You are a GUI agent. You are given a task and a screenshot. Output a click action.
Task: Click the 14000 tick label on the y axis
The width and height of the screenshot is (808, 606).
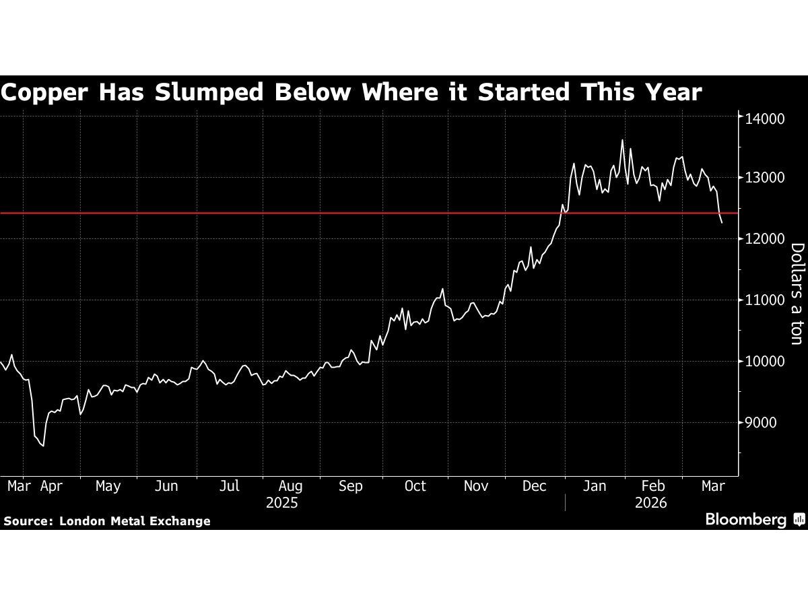coord(765,118)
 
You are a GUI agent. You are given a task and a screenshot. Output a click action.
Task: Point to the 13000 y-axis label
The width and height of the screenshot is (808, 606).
coord(765,178)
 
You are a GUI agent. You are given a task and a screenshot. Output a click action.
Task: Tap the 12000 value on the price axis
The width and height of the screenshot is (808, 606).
coord(765,239)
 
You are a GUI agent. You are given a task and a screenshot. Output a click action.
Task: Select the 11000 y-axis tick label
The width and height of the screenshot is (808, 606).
coord(765,300)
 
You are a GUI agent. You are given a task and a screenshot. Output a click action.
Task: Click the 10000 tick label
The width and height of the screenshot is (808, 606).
coord(765,362)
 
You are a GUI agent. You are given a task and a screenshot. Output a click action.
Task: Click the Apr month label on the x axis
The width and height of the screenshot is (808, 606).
coord(52,486)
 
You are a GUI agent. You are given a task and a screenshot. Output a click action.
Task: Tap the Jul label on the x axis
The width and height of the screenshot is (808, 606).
coord(230,486)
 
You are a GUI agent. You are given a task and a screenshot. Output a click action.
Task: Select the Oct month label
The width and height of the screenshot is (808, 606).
coord(415,486)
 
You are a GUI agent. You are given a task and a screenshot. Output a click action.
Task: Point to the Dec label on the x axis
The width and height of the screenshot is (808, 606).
coord(534,486)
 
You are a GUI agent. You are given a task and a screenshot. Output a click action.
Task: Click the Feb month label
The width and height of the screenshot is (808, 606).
coord(652,486)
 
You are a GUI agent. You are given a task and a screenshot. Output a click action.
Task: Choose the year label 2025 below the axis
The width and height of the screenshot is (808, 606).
coord(283,503)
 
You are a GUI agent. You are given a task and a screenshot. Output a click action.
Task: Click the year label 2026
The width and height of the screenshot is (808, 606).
coord(650,503)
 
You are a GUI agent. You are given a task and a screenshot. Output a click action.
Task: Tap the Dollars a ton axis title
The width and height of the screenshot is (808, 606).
coord(796,294)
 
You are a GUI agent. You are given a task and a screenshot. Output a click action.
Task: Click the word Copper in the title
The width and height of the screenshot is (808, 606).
coord(44,92)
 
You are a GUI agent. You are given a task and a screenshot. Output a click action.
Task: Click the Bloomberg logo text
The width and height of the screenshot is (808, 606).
coord(745,519)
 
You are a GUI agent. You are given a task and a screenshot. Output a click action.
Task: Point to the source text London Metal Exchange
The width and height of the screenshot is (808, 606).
coord(135,521)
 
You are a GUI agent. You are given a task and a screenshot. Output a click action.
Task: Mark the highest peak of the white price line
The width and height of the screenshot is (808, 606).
coord(621,140)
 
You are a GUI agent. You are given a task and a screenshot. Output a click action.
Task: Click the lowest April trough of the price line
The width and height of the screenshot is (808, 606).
coord(44,446)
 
